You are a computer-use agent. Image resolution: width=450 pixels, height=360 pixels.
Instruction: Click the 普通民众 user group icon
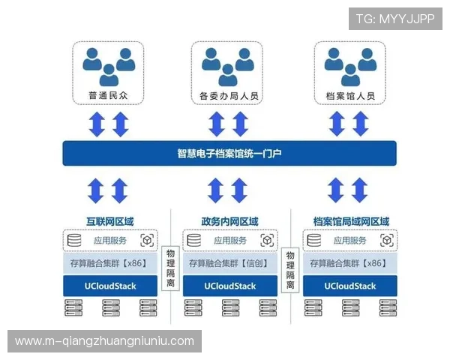coord(109,65)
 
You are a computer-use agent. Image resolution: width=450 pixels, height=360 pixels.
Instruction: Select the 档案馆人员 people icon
coord(350,65)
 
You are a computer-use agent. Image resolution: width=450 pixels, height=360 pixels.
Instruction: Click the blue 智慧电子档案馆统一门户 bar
coord(229,154)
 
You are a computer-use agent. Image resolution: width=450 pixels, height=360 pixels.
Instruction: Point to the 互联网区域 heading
coord(109,221)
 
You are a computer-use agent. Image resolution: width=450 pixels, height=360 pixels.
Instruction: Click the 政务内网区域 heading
coord(229,221)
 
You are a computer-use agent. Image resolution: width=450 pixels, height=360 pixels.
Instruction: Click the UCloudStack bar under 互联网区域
coord(109,286)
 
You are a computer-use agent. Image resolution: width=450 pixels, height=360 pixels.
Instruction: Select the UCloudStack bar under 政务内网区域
coord(229,286)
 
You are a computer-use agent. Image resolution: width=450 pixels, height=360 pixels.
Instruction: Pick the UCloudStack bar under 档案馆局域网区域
coord(350,286)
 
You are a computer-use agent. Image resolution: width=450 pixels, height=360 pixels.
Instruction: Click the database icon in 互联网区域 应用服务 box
coord(74,241)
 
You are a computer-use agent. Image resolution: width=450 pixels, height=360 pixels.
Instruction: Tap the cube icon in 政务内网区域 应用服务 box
coord(266,241)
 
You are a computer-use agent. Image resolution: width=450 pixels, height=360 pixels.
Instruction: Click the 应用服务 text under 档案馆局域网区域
coord(350,241)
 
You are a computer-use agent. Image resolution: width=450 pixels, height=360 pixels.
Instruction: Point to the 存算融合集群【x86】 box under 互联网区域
coord(109,264)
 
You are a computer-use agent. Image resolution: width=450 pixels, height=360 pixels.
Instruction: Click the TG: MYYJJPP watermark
coord(394,19)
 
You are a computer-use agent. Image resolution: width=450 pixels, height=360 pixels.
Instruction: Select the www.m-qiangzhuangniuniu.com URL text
coord(105,341)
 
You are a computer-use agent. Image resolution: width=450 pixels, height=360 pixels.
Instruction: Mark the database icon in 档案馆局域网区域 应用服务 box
coord(315,241)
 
